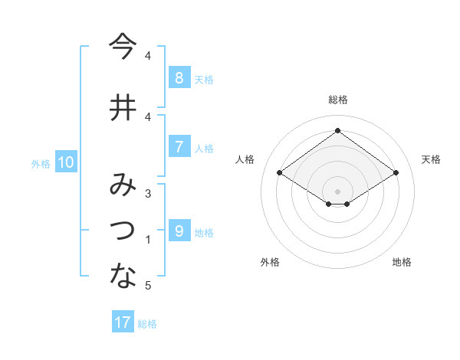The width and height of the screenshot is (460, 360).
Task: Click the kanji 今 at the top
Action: pyautogui.click(x=122, y=47)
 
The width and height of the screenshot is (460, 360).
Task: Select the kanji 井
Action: pyautogui.click(x=122, y=108)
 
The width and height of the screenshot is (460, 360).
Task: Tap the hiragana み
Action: pyautogui.click(x=122, y=186)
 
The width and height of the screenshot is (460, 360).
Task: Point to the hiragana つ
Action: pyautogui.click(x=122, y=231)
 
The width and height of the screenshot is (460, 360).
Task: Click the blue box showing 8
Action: pyautogui.click(x=179, y=78)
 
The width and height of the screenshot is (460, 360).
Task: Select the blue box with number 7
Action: pyautogui.click(x=179, y=147)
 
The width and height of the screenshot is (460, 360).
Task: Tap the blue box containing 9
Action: pyautogui.click(x=179, y=231)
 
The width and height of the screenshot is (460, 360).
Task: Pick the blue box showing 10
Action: pyautogui.click(x=66, y=162)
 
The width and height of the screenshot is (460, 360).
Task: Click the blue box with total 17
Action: pyautogui.click(x=123, y=322)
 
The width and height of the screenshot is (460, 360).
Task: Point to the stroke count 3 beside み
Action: pyautogui.click(x=148, y=194)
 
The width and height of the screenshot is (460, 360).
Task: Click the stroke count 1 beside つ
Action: pyautogui.click(x=148, y=241)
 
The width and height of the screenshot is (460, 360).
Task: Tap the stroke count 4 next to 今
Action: pyautogui.click(x=148, y=56)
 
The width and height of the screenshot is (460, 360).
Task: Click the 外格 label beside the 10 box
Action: pyautogui.click(x=41, y=163)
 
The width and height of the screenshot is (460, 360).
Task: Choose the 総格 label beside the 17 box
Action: pyautogui.click(x=147, y=324)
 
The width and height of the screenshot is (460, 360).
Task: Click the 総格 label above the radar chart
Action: pyautogui.click(x=337, y=100)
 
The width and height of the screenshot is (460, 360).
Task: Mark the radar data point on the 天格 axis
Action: pyautogui.click(x=396, y=173)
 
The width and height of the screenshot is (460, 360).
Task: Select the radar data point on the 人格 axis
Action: pyautogui.click(x=280, y=173)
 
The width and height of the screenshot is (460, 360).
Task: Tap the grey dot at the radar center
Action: pyautogui.click(x=337, y=191)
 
